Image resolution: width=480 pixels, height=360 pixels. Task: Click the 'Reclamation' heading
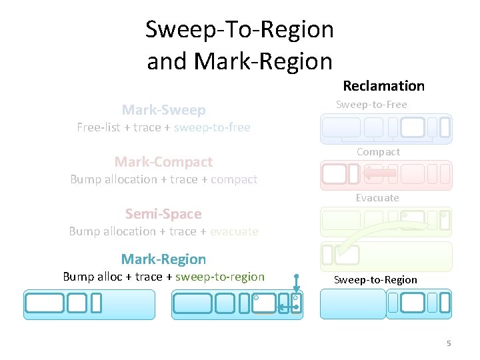pyautogui.click(x=383, y=86)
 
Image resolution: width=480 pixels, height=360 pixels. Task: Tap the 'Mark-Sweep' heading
pyautogui.click(x=163, y=110)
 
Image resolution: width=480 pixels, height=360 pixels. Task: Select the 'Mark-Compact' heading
pyautogui.click(x=163, y=162)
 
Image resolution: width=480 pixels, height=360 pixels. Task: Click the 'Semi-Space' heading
pyautogui.click(x=163, y=214)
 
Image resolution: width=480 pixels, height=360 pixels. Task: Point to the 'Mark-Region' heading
pyautogui.click(x=163, y=259)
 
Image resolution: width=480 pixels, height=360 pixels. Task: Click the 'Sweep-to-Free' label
pyautogui.click(x=371, y=105)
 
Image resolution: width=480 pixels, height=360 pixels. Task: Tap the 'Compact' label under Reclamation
pyautogui.click(x=378, y=152)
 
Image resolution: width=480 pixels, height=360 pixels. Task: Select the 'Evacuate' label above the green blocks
pyautogui.click(x=377, y=198)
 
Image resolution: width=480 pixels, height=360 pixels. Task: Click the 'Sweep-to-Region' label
pyautogui.click(x=376, y=280)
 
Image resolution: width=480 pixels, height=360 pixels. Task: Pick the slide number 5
pyautogui.click(x=449, y=343)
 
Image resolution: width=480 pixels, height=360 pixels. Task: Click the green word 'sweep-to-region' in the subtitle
pyautogui.click(x=220, y=277)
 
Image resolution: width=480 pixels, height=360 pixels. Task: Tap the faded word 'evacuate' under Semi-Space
pyautogui.click(x=234, y=231)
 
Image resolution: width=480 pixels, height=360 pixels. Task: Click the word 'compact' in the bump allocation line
pyautogui.click(x=234, y=179)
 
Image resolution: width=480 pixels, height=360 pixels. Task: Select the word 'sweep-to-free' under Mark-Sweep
pyautogui.click(x=212, y=127)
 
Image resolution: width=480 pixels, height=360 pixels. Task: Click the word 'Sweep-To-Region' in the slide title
pyautogui.click(x=239, y=30)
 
